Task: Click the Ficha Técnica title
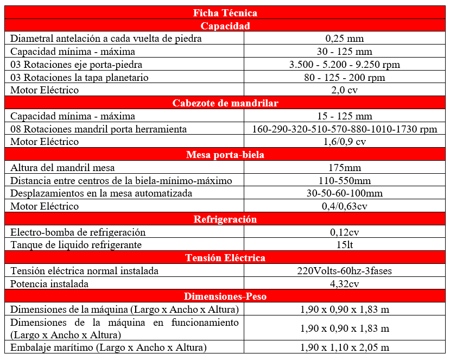pyautogui.click(x=225, y=12)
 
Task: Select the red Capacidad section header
pyautogui.click(x=225, y=26)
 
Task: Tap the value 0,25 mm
pyautogui.click(x=345, y=39)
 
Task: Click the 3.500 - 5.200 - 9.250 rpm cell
pyautogui.click(x=345, y=65)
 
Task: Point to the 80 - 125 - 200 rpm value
pyautogui.click(x=345, y=78)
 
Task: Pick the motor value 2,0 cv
pyautogui.click(x=345, y=90)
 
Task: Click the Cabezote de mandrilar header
pyautogui.click(x=225, y=103)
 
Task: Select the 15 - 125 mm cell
pyautogui.click(x=345, y=116)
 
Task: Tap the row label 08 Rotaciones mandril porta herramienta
pyautogui.click(x=99, y=129)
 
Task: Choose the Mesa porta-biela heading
pyautogui.click(x=225, y=155)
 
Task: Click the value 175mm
pyautogui.click(x=345, y=168)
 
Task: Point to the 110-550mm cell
pyautogui.click(x=345, y=181)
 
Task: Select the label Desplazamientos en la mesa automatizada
pyautogui.click(x=102, y=193)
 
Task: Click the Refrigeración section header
pyautogui.click(x=225, y=219)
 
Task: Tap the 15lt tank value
pyautogui.click(x=345, y=245)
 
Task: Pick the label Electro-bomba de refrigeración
pyautogui.click(x=78, y=232)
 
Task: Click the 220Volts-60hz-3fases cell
pyautogui.click(x=345, y=271)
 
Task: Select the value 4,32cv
pyautogui.click(x=345, y=284)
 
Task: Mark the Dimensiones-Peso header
pyautogui.click(x=225, y=296)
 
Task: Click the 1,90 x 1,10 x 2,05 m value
pyautogui.click(x=345, y=348)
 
